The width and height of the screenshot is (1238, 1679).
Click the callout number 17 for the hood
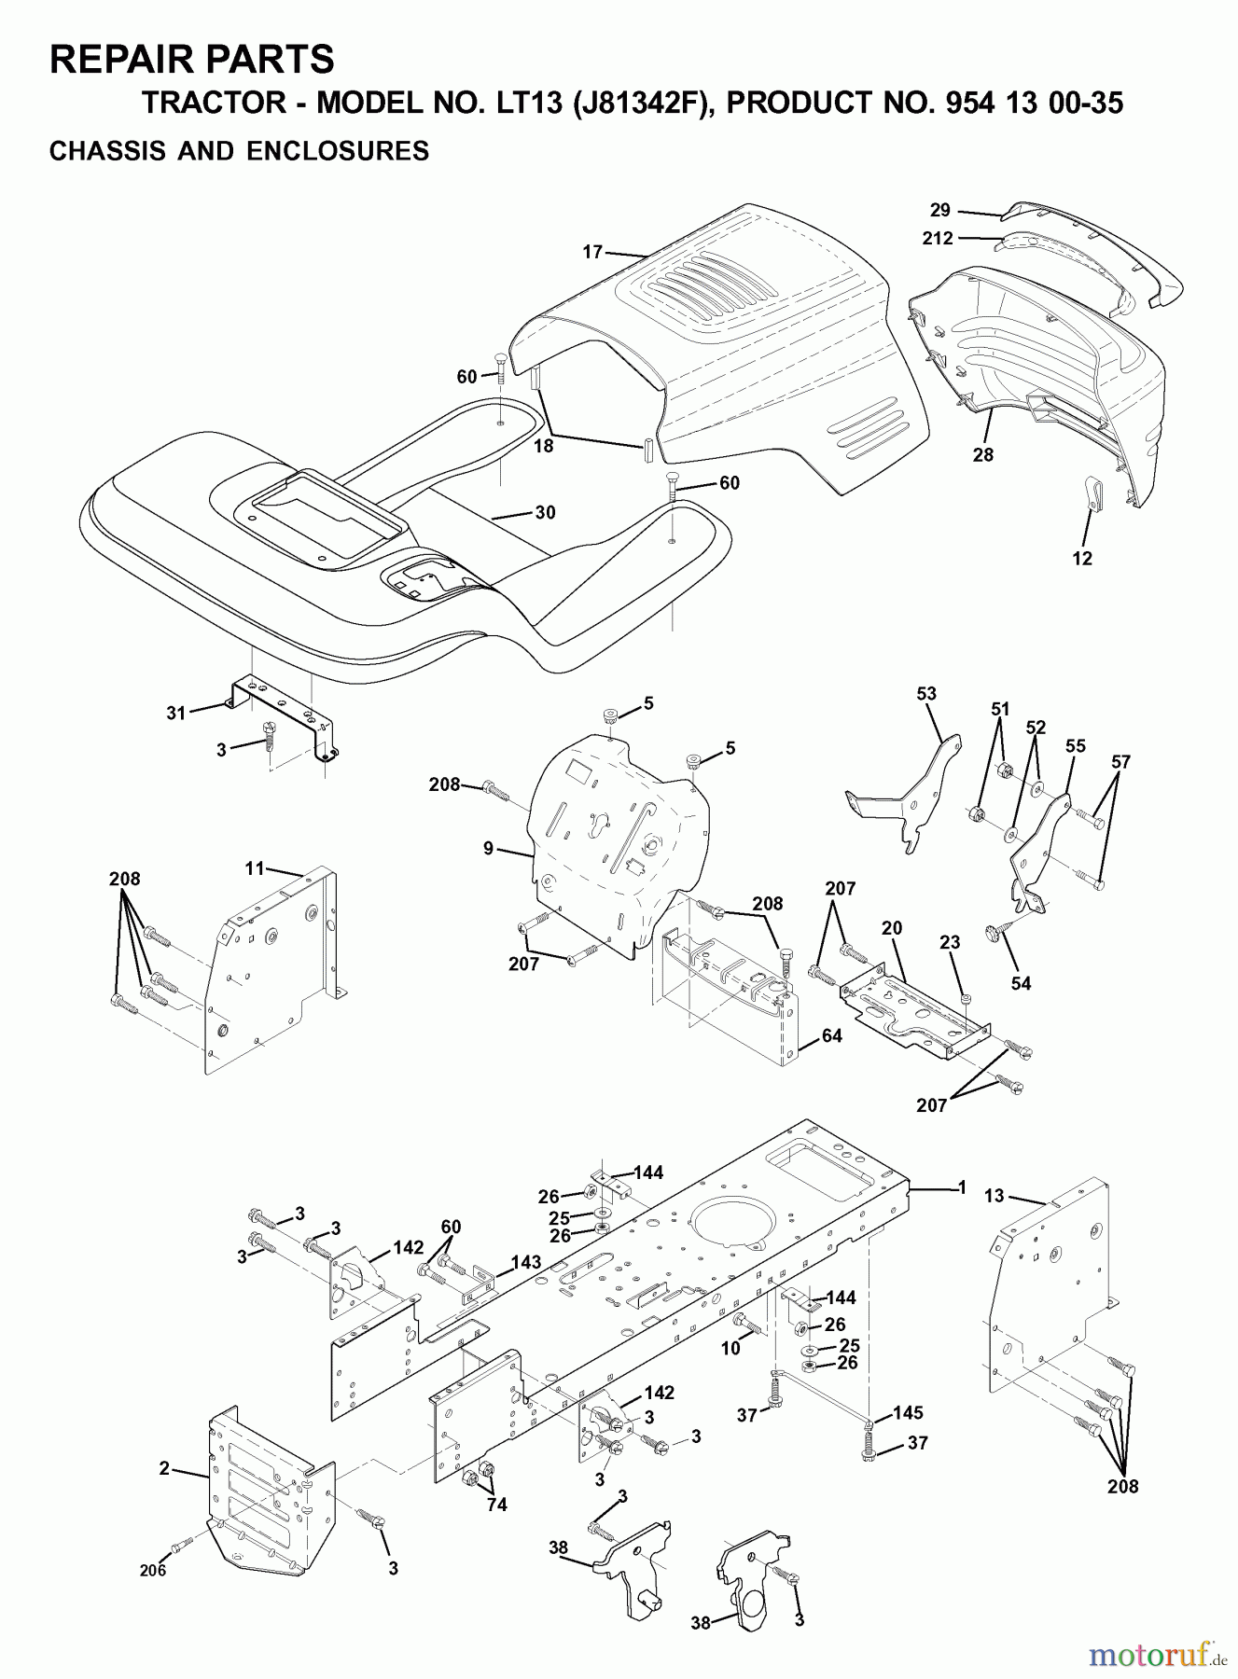[x=592, y=251]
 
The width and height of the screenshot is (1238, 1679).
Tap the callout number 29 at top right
[x=939, y=212]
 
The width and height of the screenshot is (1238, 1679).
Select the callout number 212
[x=938, y=239]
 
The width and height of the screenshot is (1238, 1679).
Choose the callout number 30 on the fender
[x=545, y=512]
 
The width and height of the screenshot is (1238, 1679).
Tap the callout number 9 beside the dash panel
[x=488, y=849]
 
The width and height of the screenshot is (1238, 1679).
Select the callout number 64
[x=831, y=1035]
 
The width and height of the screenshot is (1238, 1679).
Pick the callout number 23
[x=950, y=943]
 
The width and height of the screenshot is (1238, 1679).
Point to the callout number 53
[x=926, y=694]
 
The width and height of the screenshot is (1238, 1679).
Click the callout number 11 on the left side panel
[x=256, y=868]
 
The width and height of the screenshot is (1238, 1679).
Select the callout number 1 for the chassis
[x=962, y=1187]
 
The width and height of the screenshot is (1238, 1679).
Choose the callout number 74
[x=496, y=1505]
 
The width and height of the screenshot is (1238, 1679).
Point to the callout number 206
[x=153, y=1571]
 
